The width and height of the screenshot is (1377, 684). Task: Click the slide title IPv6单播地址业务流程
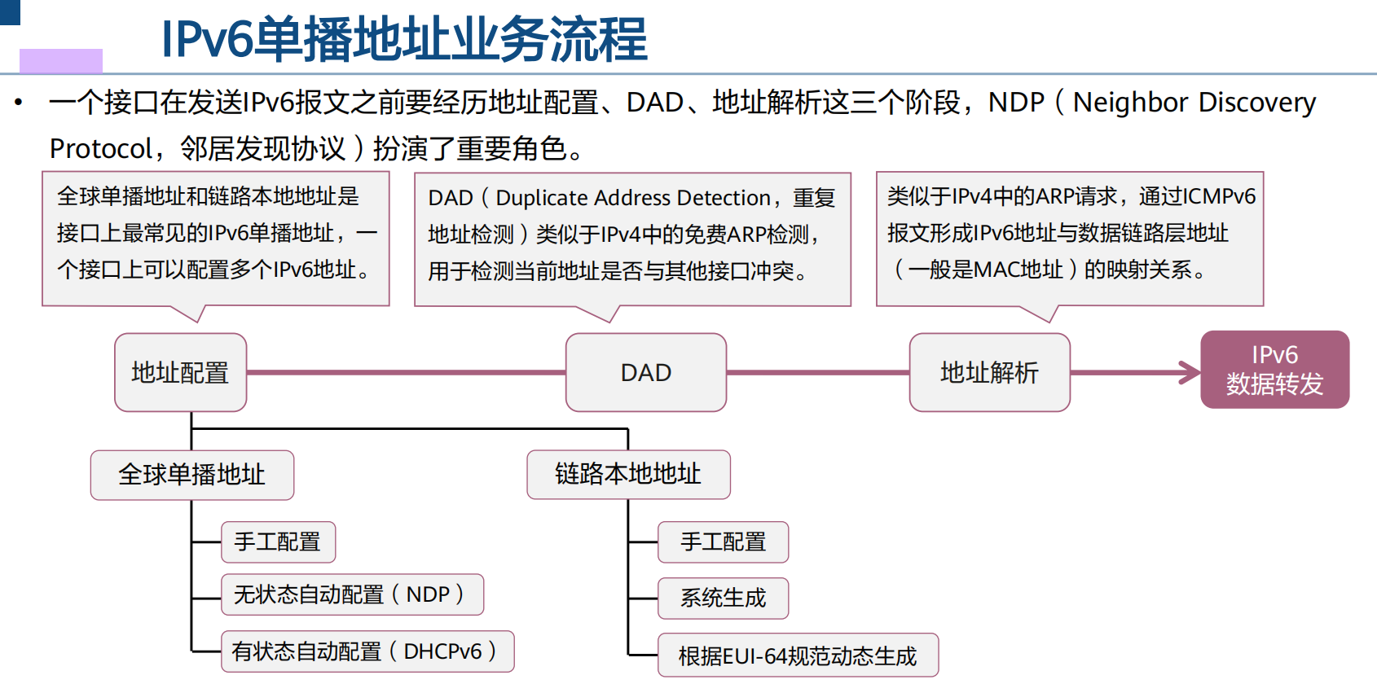click(x=403, y=39)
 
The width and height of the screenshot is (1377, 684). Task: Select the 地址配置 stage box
click(x=180, y=372)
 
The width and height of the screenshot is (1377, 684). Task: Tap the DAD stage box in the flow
click(x=645, y=372)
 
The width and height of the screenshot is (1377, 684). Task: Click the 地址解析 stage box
click(x=989, y=372)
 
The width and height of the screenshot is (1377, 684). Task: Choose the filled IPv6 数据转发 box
click(x=1274, y=370)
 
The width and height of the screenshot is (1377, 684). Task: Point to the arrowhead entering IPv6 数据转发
click(x=1191, y=373)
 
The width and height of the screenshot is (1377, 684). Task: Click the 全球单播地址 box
click(x=191, y=475)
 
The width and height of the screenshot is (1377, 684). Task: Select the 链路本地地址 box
click(x=628, y=474)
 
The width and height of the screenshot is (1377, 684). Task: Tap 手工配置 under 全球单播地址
click(x=278, y=542)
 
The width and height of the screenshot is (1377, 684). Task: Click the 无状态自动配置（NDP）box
click(x=351, y=594)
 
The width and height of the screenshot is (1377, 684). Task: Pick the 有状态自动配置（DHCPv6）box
click(x=367, y=651)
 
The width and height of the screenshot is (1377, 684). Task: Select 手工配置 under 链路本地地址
click(x=723, y=542)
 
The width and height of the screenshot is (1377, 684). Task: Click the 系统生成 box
click(x=723, y=598)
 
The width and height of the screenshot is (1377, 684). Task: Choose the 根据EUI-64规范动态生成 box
click(x=798, y=655)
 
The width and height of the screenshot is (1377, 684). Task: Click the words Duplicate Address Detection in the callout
click(x=632, y=198)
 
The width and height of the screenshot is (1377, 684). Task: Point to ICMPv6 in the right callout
click(x=1219, y=196)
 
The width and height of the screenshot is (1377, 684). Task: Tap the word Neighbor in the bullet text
click(x=1130, y=103)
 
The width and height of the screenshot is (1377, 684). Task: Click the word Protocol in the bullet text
click(x=100, y=149)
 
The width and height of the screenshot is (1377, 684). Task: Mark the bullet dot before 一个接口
click(x=19, y=103)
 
